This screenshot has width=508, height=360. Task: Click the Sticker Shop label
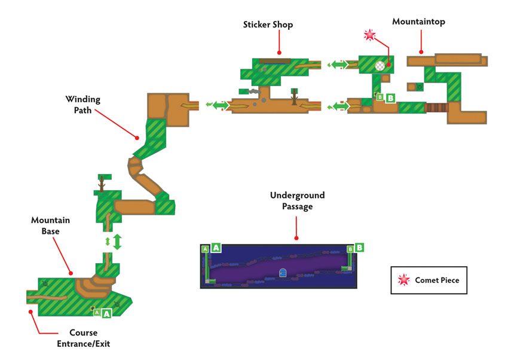tap(268, 25)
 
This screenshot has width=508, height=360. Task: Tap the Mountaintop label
tap(418, 22)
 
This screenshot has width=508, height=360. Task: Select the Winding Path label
tap(83, 104)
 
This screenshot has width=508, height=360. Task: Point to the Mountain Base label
tap(51, 225)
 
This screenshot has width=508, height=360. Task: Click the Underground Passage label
tap(298, 200)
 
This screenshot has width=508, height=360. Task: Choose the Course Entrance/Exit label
tap(84, 338)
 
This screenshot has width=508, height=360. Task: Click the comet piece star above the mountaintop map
tap(370, 35)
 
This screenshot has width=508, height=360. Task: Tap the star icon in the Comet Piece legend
tap(403, 280)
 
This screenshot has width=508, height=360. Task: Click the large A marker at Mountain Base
tap(106, 313)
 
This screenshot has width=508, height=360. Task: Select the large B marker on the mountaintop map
tap(390, 98)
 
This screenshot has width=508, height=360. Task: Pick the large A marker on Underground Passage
tap(216, 248)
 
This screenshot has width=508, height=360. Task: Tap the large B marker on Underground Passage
tap(359, 248)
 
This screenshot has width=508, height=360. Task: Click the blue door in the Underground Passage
tap(283, 273)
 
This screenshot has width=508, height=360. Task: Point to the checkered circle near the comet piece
tap(380, 66)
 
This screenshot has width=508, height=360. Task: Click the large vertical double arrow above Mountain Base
tap(117, 242)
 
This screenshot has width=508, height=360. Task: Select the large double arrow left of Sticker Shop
tap(221, 105)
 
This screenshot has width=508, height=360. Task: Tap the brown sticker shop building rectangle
tap(275, 61)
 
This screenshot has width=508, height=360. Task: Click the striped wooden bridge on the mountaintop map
tap(436, 108)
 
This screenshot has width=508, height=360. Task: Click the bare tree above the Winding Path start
tap(102, 184)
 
